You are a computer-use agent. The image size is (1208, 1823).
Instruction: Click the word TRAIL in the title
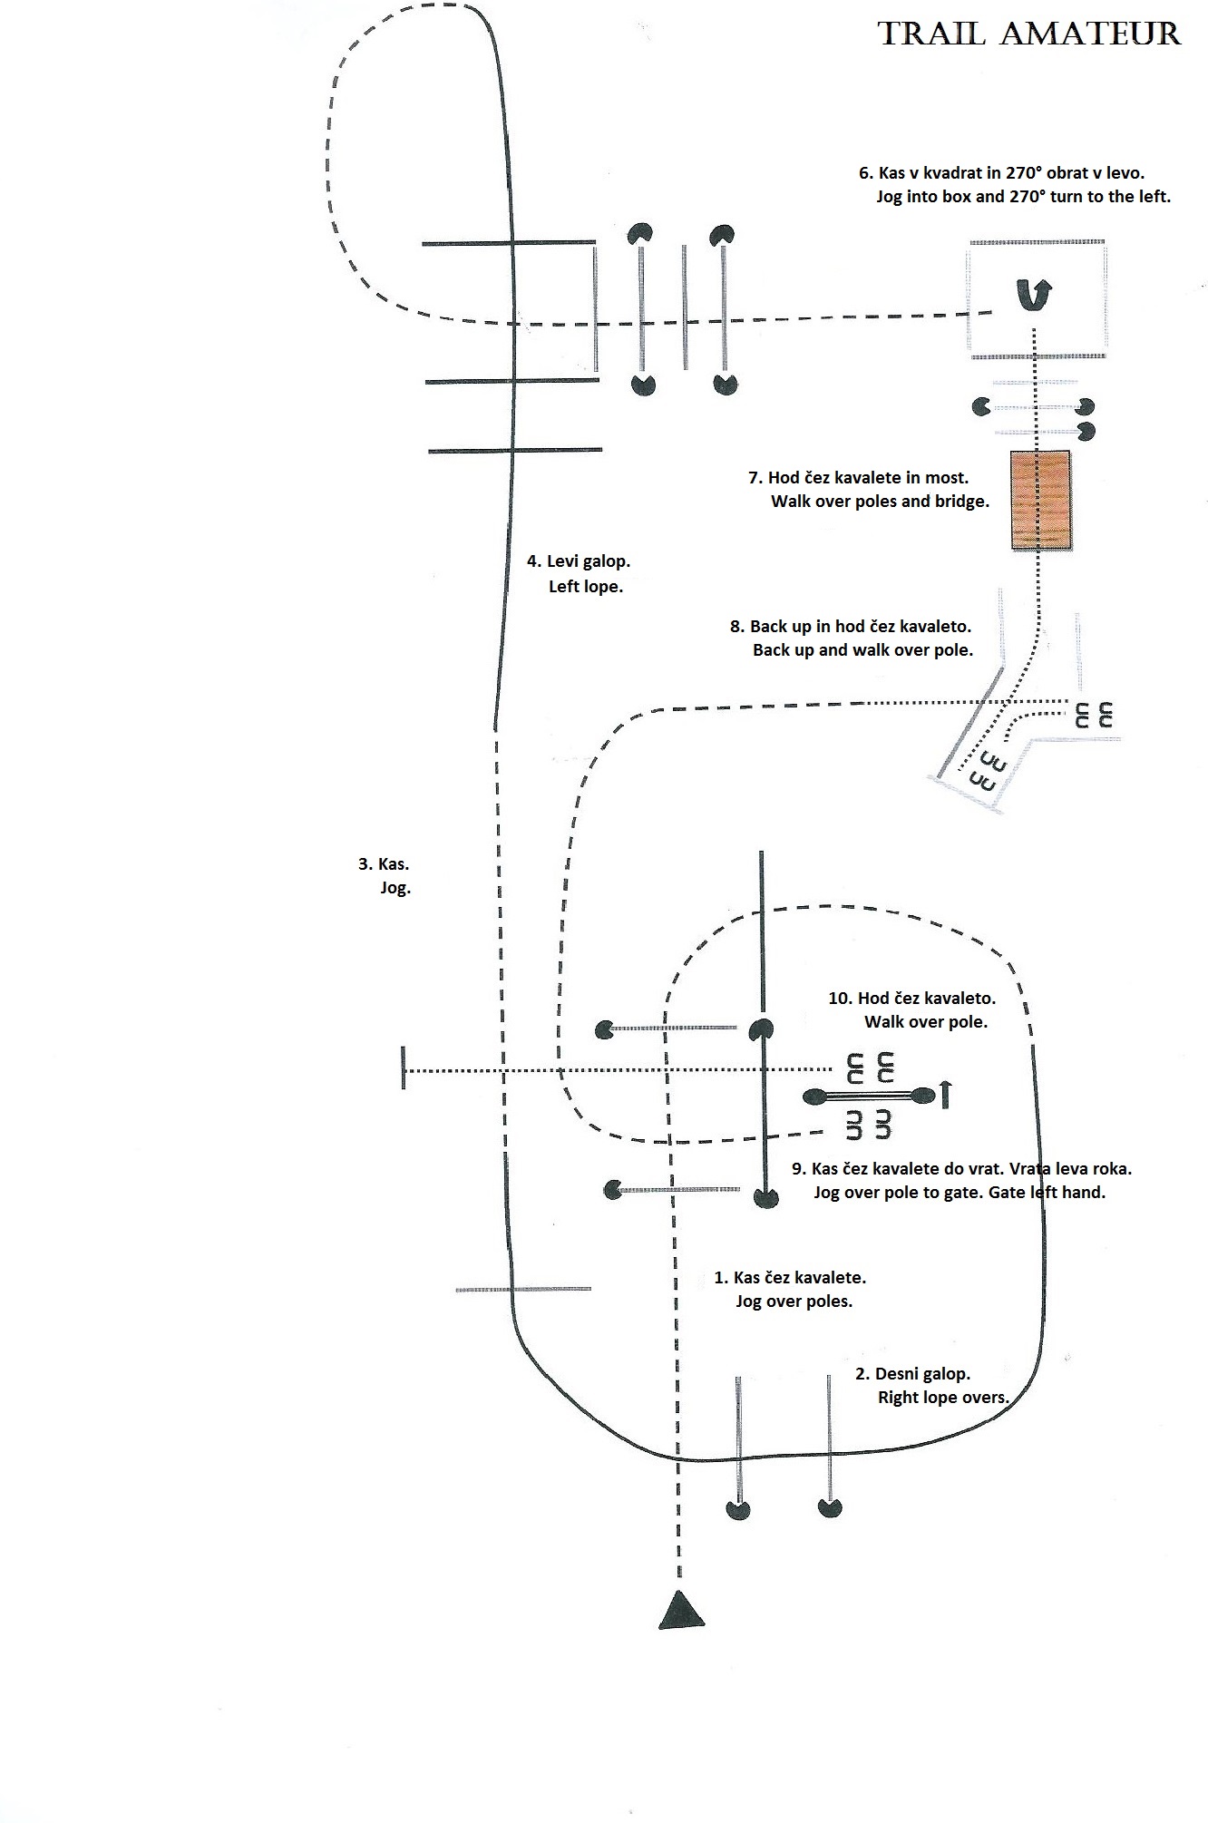click(x=931, y=34)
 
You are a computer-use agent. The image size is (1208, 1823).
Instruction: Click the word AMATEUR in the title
click(x=1092, y=34)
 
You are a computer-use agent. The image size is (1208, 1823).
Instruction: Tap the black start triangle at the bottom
click(x=681, y=1610)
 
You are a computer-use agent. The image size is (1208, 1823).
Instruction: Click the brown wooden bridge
click(x=1041, y=500)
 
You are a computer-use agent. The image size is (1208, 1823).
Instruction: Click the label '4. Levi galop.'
click(x=579, y=561)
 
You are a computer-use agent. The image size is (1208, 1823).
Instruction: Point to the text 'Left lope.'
click(x=586, y=587)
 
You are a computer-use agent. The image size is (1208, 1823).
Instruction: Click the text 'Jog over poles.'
click(x=794, y=1301)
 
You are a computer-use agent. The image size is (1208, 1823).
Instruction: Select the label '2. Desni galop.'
click(x=913, y=1374)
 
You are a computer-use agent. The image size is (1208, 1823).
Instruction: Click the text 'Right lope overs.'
click(x=943, y=1398)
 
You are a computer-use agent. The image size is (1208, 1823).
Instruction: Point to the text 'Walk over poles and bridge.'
click(x=880, y=502)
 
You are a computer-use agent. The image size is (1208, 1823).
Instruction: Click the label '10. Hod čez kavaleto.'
click(x=912, y=999)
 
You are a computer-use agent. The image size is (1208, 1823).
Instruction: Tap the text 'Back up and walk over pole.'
click(x=862, y=650)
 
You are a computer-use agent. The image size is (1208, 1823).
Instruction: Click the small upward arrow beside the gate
click(x=945, y=1095)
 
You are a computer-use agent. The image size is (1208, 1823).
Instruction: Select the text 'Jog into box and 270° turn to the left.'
click(x=1024, y=197)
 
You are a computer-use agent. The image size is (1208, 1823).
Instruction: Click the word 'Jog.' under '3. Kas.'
click(x=395, y=888)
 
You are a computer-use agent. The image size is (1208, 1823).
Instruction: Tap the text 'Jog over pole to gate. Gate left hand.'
click(x=960, y=1193)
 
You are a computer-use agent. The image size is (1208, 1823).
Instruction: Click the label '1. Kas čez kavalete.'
click(x=790, y=1278)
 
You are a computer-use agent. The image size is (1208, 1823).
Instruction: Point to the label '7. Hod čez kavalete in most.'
click(x=858, y=478)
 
